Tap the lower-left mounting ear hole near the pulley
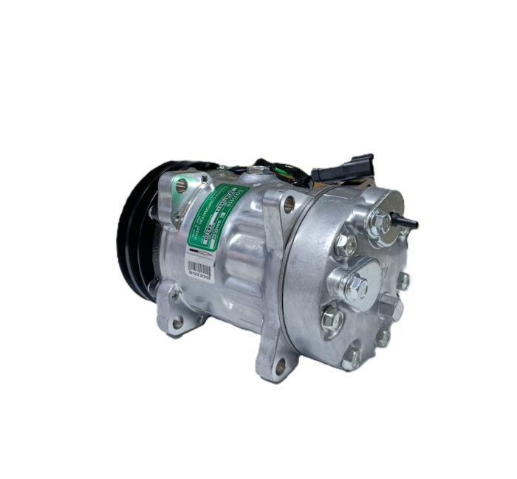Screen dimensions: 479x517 coord(177,323)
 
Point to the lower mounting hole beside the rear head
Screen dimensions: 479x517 coord(281,364)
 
